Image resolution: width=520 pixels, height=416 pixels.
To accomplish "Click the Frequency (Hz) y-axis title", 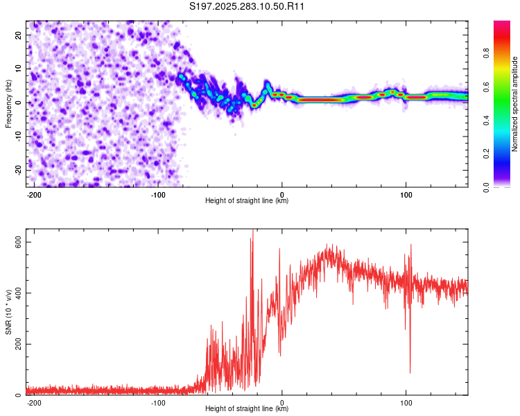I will [x=8, y=103].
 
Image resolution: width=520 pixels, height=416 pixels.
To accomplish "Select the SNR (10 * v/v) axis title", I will [x=8, y=315].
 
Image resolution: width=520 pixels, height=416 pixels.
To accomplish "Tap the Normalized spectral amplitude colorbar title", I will [x=514, y=104].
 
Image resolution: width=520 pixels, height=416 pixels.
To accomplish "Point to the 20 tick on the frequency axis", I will [x=18, y=35].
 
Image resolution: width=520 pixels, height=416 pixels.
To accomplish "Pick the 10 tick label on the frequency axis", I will [x=18, y=69].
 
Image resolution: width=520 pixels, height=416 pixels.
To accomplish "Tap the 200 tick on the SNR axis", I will [x=16, y=344].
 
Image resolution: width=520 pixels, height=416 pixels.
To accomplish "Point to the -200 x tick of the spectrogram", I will [x=33, y=193].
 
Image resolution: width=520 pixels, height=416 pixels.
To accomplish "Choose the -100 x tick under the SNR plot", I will [x=157, y=401].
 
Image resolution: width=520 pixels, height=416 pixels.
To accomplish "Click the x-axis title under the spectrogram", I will [x=247, y=201].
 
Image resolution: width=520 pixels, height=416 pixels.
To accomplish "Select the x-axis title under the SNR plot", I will [x=247, y=409].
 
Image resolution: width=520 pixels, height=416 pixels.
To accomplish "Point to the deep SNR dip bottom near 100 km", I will [x=410, y=372].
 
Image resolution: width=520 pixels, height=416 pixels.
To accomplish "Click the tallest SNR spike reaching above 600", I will [x=252, y=232].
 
